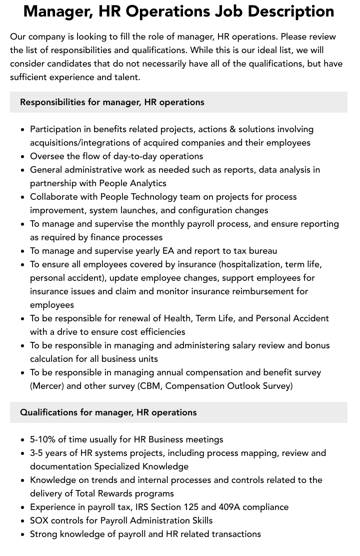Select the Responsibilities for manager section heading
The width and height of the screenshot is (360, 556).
112,102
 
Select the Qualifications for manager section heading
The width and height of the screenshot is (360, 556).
108,412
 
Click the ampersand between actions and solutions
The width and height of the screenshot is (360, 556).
232,129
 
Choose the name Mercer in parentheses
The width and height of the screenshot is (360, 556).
48,386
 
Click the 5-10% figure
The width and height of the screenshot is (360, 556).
43,439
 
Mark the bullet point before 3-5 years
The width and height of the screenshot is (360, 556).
23,453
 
